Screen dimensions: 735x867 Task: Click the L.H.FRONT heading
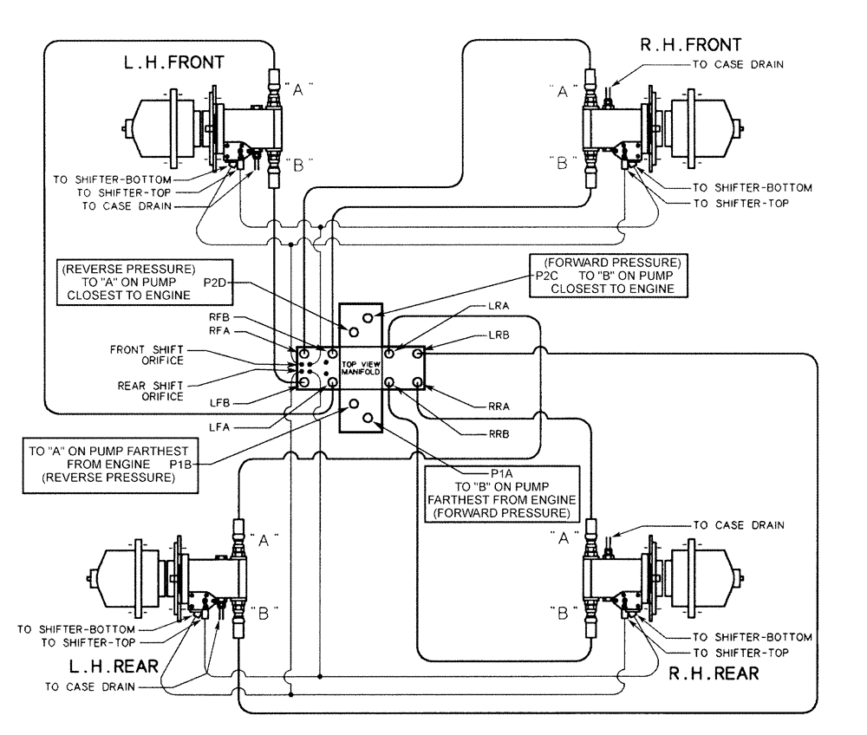click(173, 62)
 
